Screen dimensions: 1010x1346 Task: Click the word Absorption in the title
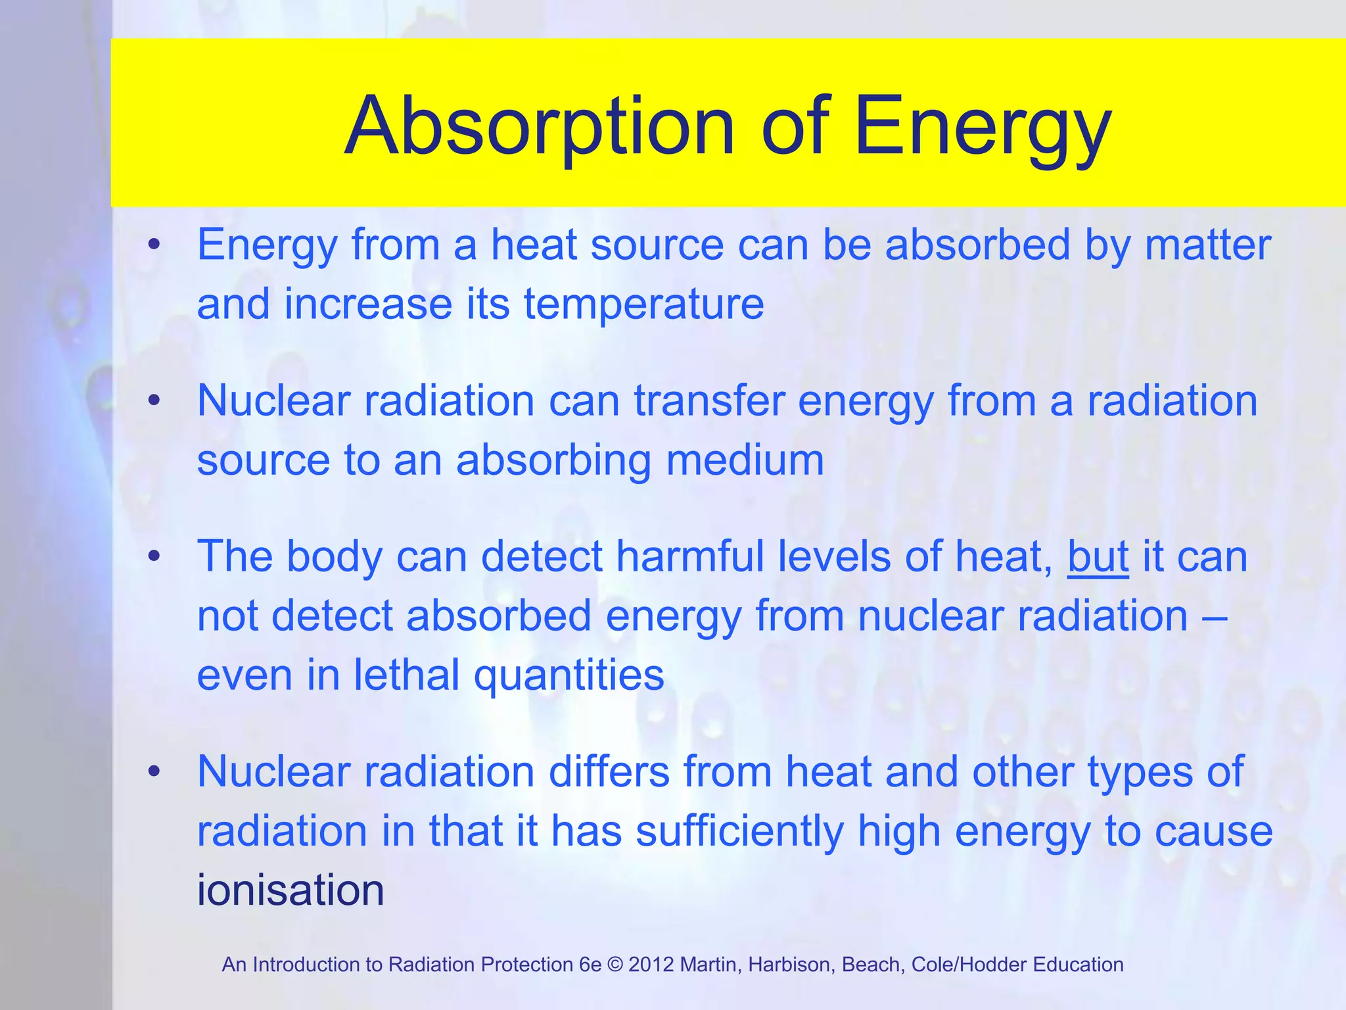[x=539, y=126]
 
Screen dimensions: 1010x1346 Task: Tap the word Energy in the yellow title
[x=982, y=126]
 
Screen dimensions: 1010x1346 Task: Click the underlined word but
[x=1098, y=557]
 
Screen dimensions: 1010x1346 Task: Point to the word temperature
[x=643, y=304]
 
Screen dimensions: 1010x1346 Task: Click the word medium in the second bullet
[x=745, y=460]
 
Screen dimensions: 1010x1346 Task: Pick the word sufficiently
[x=739, y=831]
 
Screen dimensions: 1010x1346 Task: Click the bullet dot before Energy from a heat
[x=154, y=245]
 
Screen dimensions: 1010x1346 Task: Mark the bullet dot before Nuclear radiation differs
[x=154, y=772]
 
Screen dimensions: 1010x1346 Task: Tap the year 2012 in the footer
[x=651, y=965]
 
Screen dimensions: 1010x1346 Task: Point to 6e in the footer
[x=590, y=965]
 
